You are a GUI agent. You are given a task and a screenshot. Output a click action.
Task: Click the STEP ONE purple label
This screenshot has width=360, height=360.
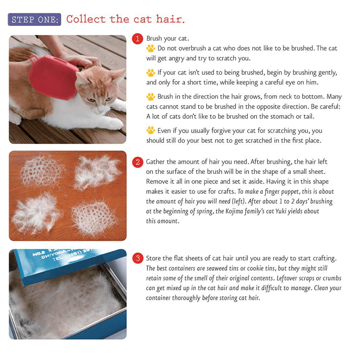[x=34, y=20]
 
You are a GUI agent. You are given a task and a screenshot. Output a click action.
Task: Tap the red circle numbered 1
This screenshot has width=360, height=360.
[x=137, y=39]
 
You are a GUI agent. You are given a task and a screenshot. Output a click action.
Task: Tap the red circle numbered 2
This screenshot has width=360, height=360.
[x=137, y=162]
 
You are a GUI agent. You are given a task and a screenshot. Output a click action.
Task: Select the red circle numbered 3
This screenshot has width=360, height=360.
[x=137, y=259]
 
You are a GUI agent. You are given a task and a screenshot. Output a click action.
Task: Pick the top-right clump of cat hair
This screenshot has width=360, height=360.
[x=97, y=171]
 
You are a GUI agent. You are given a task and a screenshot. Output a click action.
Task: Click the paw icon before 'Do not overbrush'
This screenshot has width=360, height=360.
[x=151, y=48]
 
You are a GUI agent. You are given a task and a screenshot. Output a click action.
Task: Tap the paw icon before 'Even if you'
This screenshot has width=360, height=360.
[x=151, y=131]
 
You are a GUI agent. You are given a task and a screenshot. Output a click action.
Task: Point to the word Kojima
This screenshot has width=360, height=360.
[x=225, y=211]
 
